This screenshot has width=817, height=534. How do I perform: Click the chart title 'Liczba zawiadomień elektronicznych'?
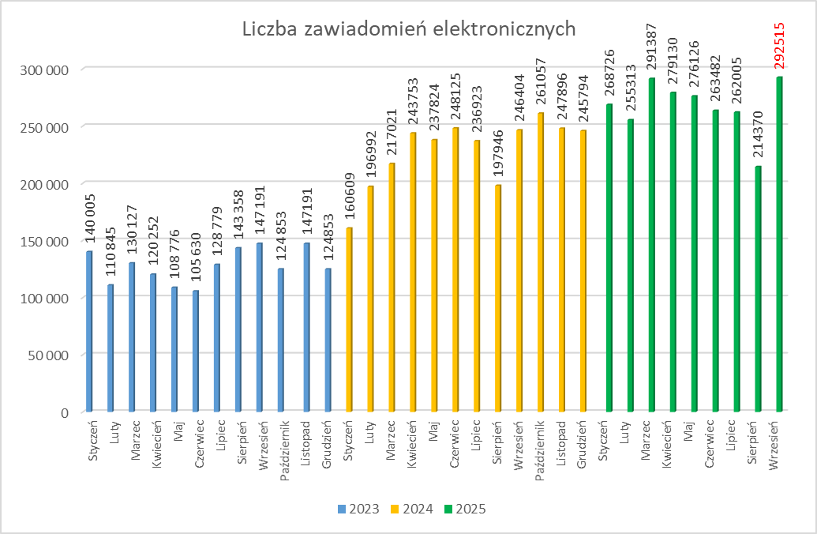coord(408,29)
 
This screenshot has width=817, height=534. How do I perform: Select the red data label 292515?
coord(780,47)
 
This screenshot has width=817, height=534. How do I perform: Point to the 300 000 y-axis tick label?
coord(46,70)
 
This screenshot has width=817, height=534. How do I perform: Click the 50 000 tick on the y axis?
coord(49,355)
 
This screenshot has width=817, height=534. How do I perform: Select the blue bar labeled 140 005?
coord(90,332)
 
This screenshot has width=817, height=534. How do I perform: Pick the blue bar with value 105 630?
coord(197,352)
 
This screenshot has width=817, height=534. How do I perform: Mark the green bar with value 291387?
coord(652,245)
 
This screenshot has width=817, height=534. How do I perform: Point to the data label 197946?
coord(498,156)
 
